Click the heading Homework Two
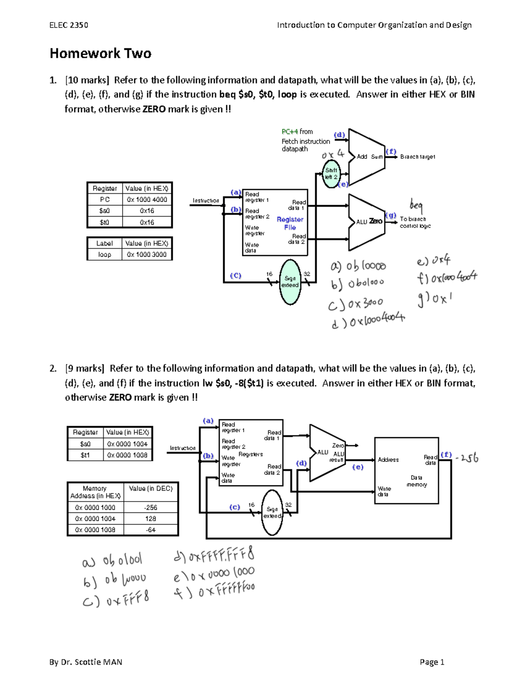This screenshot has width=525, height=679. tap(100, 53)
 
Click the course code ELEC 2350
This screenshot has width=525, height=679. tap(69, 25)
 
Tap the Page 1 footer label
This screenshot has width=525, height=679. tap(432, 662)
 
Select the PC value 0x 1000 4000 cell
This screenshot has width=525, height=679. tap(147, 199)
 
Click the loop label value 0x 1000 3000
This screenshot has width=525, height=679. tap(147, 254)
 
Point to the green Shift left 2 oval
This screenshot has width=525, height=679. tap(331, 174)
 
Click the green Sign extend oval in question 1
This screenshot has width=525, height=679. tap(290, 282)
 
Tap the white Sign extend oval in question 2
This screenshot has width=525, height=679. tap(272, 512)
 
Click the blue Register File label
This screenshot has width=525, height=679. tap(290, 223)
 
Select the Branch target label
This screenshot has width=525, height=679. tap(417, 157)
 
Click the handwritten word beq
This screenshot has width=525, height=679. tap(416, 205)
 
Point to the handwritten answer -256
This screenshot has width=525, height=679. tap(467, 458)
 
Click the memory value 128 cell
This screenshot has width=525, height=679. tap(150, 519)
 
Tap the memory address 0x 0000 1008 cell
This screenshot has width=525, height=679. tap(95, 529)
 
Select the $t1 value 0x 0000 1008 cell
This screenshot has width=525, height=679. tap(127, 455)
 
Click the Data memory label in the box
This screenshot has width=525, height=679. tap(416, 481)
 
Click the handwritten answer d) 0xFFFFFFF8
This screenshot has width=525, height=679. tap(213, 555)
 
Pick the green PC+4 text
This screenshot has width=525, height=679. tap(290, 132)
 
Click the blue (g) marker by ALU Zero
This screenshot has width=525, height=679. tap(391, 215)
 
